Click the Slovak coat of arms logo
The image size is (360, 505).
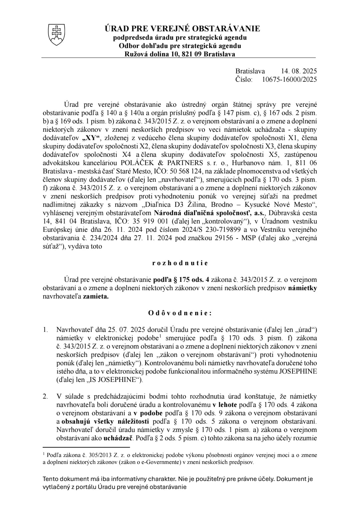[x=57, y=34]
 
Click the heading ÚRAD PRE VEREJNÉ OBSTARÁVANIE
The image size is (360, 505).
[x=182, y=29]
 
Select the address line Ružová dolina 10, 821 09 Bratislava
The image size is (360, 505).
[x=180, y=54]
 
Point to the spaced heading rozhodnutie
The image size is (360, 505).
[x=180, y=263]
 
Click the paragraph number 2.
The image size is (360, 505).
[x=45, y=397]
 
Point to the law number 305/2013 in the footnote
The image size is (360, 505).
[x=92, y=455]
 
